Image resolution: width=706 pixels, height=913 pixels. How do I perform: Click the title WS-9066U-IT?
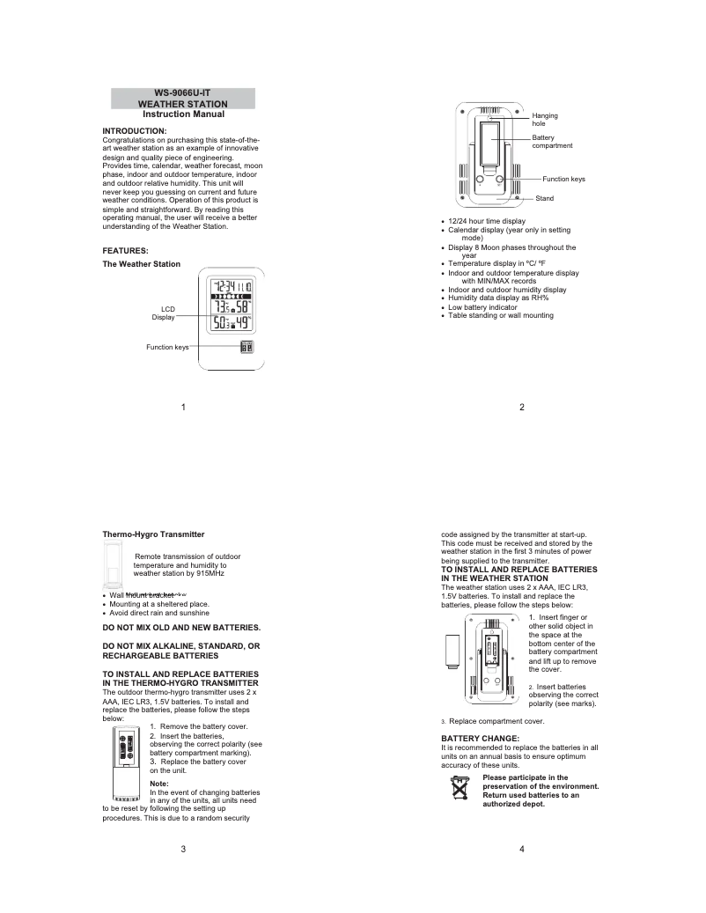183,93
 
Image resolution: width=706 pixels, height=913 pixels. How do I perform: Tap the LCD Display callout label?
163,313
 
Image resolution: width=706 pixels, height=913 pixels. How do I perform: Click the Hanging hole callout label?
545,120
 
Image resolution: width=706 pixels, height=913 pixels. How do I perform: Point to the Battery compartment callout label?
552,142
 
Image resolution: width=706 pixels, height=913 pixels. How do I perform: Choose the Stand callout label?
545,198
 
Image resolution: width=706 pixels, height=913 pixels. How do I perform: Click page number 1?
183,407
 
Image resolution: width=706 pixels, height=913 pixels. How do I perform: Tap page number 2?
522,407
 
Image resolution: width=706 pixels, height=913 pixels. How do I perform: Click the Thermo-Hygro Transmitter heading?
153,534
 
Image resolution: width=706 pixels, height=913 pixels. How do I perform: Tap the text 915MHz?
203,573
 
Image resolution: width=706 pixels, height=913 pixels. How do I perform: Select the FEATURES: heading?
125,250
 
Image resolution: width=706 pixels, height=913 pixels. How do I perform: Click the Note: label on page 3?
159,783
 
